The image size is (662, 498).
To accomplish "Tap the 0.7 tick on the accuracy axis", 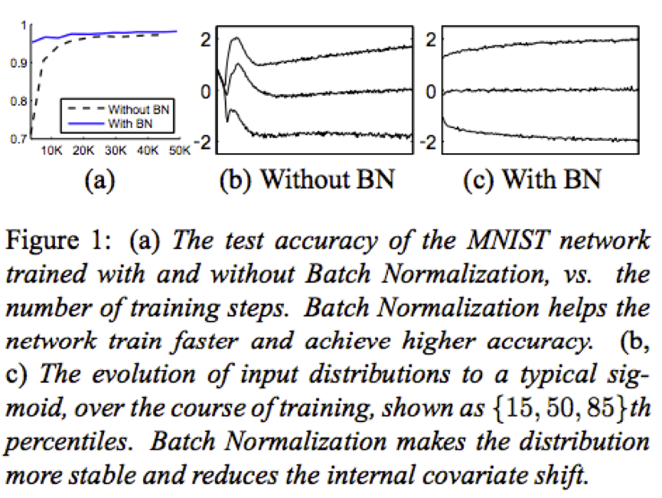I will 15,139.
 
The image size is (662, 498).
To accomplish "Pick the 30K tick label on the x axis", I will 115,150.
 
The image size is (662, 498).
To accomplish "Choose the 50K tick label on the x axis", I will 178,150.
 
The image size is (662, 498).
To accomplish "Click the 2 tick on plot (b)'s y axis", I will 204,39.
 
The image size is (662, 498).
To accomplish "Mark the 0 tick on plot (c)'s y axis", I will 432,91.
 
